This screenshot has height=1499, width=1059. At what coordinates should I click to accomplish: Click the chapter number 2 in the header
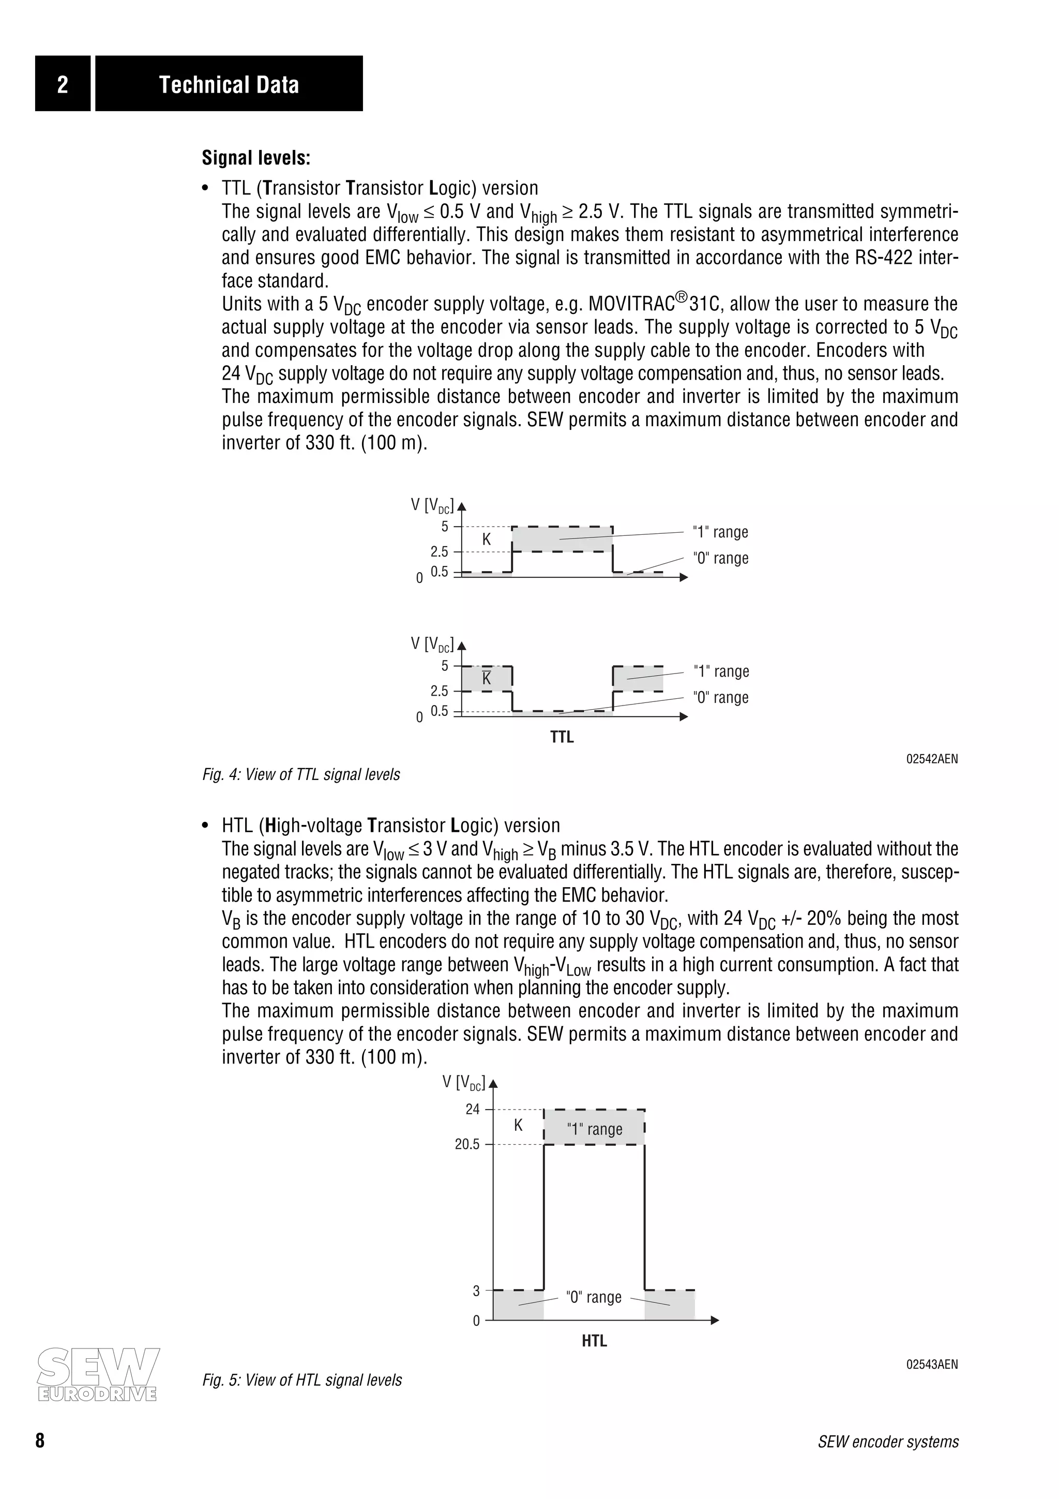coord(63,84)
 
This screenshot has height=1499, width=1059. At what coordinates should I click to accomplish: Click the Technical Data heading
coord(229,84)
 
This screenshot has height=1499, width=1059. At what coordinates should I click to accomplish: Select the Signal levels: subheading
coord(256,158)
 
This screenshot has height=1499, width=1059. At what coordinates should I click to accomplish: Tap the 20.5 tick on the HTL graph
coord(467,1145)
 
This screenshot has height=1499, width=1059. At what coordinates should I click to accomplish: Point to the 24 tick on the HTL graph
coord(473,1109)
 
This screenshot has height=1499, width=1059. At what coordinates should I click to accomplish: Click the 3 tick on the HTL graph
coord(476,1291)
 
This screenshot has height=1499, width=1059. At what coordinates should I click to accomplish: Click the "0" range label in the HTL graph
coord(594,1297)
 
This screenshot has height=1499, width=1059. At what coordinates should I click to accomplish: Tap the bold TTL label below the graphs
coord(562,737)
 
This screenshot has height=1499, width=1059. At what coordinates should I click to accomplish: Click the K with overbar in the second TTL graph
coord(486,678)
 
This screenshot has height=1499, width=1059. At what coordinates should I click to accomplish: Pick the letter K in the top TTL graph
coord(486,539)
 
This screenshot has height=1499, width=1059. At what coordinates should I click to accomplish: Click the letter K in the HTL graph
coord(518,1125)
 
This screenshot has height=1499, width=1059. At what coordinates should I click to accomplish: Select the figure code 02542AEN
coord(932,759)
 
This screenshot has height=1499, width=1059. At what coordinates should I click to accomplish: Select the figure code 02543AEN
coord(932,1365)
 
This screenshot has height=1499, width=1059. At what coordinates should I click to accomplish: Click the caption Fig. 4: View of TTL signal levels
coord(301,775)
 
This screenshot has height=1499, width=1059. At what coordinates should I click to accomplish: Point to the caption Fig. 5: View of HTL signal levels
coord(302,1380)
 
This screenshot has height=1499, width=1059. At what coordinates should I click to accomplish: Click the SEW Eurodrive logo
coord(98,1374)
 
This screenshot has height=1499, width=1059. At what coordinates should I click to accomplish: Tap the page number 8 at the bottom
coord(40,1442)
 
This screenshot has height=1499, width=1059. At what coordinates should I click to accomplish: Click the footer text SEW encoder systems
coord(888,1442)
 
